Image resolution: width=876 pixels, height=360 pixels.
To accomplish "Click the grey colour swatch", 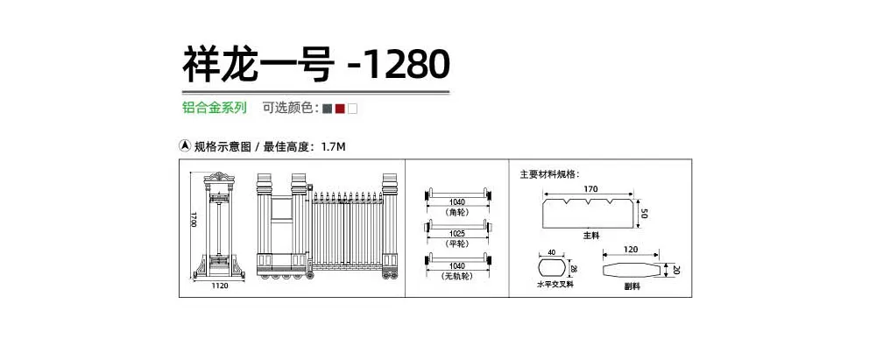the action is (328, 109).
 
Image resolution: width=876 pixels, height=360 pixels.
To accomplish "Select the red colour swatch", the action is (340, 109).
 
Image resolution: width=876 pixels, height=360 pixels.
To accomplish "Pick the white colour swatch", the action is (352, 109).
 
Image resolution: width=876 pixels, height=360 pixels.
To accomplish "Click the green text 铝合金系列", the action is (215, 108).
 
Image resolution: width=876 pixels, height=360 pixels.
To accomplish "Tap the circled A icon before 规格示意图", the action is (185, 146).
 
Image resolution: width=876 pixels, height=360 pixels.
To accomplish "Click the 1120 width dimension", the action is (220, 286).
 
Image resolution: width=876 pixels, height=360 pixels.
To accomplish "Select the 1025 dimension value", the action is (458, 232).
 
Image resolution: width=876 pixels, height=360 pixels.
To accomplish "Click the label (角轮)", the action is (457, 213).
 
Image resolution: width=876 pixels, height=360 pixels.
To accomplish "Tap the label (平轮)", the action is (457, 244).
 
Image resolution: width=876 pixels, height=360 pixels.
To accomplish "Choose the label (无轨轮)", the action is (457, 276).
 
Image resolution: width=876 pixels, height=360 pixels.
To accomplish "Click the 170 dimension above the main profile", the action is (590, 189).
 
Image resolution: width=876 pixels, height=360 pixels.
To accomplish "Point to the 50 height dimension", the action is (644, 214).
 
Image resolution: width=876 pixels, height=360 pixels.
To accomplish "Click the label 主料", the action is (591, 236).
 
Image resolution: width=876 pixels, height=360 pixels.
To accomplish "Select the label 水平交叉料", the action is (555, 285).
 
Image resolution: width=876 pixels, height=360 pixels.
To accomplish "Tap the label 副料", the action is (632, 286).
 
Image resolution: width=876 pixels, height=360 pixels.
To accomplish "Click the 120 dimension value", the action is (631, 250).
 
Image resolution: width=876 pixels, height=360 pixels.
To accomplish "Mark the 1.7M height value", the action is (334, 147).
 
